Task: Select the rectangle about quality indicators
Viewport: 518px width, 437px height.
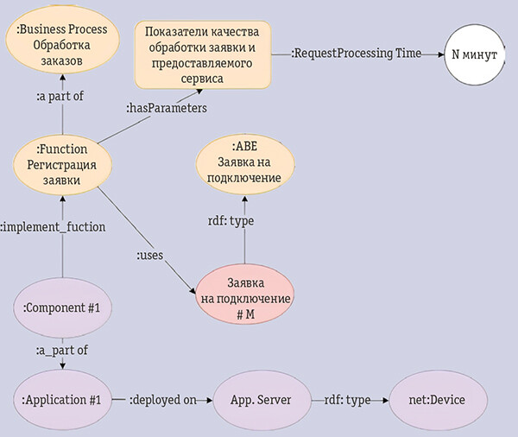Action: pos(203,54)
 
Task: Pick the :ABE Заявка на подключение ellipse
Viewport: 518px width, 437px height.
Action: pos(244,162)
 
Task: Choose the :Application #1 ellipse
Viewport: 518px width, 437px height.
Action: pos(62,400)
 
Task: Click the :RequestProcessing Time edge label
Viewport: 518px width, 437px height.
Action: pos(356,54)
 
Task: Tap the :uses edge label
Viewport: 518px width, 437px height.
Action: pos(150,256)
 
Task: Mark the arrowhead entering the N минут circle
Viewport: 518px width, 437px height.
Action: pos(439,54)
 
